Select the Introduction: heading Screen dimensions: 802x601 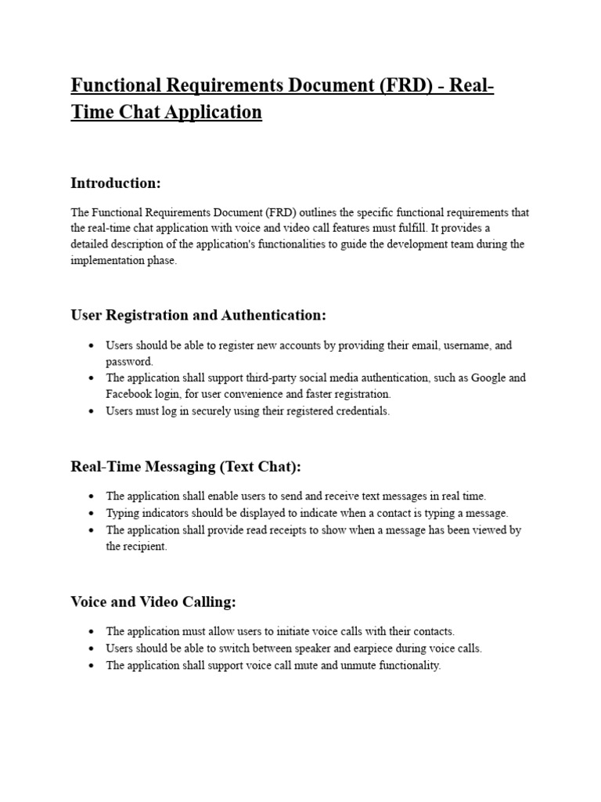click(x=116, y=183)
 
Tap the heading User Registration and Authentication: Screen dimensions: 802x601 click(x=198, y=316)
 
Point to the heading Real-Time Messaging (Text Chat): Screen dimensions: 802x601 click(x=185, y=467)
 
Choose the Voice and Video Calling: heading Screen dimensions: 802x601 click(x=153, y=602)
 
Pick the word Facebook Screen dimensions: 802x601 click(x=131, y=394)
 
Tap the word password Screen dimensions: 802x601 click(x=129, y=362)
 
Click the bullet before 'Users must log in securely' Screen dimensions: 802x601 click(x=92, y=411)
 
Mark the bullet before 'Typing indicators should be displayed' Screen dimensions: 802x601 click(x=92, y=513)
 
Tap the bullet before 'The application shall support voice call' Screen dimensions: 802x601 click(x=92, y=666)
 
